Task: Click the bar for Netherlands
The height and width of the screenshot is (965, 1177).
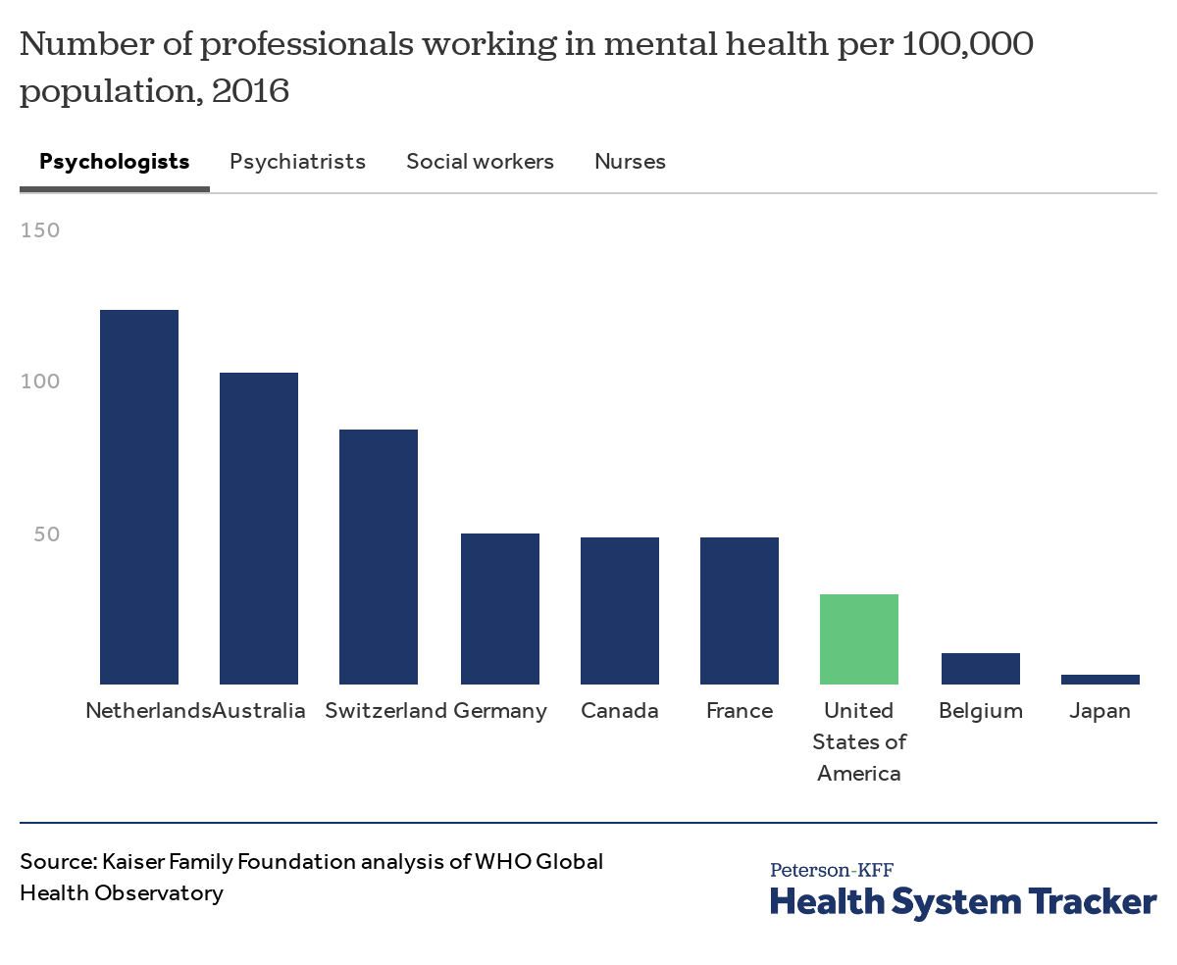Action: pos(139,497)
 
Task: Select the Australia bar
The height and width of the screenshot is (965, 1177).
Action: pos(259,529)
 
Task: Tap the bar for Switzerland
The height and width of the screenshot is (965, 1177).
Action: pos(379,557)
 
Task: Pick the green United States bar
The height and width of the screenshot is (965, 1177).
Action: pos(859,639)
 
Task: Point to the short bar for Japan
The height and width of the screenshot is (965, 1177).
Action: pos(1100,679)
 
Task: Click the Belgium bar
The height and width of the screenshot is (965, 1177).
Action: pos(981,669)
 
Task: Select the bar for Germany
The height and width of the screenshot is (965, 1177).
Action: pos(500,609)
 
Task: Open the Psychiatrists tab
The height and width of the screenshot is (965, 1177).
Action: pos(297,162)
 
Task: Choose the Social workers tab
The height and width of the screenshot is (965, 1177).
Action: pos(480,162)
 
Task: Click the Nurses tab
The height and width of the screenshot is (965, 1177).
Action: pos(630,162)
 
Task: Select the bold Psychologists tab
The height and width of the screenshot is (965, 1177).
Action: pos(114,162)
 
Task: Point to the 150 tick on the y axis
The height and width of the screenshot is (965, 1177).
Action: pos(40,230)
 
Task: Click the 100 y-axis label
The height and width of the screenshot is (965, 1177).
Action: pos(40,381)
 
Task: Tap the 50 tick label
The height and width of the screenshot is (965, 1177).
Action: pos(45,534)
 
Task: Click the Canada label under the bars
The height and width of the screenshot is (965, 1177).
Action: pos(620,711)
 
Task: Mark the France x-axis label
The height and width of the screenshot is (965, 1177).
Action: pos(740,711)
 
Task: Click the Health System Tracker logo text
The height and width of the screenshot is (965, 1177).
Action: pos(963,901)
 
